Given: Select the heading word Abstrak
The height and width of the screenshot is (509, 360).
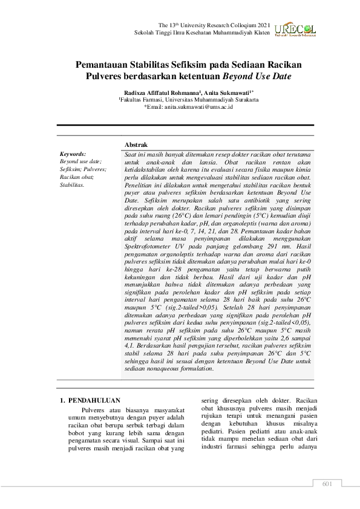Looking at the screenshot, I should [x=136, y=146].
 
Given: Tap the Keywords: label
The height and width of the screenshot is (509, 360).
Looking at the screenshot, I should [x=73, y=155].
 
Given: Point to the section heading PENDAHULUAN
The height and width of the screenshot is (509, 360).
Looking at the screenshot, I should [x=94, y=400].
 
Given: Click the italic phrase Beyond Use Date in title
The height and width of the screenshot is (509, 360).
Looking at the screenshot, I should [x=257, y=77].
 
